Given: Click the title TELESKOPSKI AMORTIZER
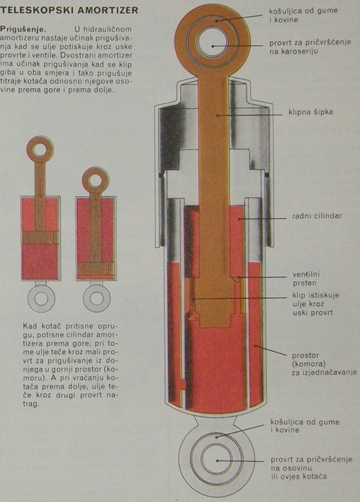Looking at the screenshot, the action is (x=69, y=10).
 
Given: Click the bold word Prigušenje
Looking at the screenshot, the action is (x=23, y=29).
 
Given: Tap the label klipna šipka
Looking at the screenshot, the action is (x=310, y=112).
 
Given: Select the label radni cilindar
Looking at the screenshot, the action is (x=317, y=216).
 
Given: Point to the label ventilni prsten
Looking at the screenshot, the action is (x=306, y=279).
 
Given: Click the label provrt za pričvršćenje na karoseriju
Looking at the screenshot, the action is (x=310, y=47).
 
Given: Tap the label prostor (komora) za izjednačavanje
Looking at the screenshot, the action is (x=324, y=364).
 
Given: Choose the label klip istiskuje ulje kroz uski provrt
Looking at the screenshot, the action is (x=316, y=303).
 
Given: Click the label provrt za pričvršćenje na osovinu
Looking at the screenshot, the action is (x=311, y=468).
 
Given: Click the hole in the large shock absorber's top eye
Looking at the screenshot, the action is (x=213, y=43).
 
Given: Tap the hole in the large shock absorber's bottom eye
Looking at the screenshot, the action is (x=217, y=460).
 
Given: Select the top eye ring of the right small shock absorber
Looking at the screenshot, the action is (x=96, y=171).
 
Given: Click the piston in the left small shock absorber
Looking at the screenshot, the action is (x=41, y=238).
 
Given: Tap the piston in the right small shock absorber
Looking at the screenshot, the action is (x=96, y=269).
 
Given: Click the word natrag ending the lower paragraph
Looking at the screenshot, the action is (x=31, y=404).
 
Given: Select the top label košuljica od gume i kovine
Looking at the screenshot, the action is (x=303, y=15).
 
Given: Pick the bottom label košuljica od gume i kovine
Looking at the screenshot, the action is (x=305, y=426).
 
